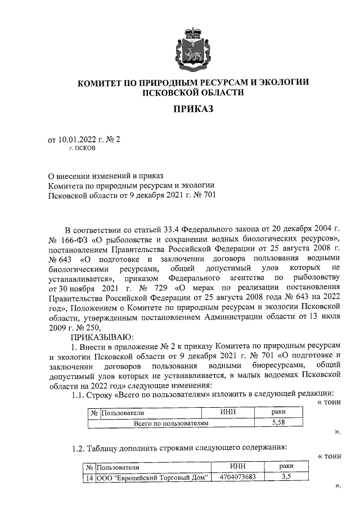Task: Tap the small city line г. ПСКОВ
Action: click(82, 149)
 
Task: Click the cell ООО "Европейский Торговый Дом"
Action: click(152, 478)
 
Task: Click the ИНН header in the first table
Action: click(227, 412)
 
